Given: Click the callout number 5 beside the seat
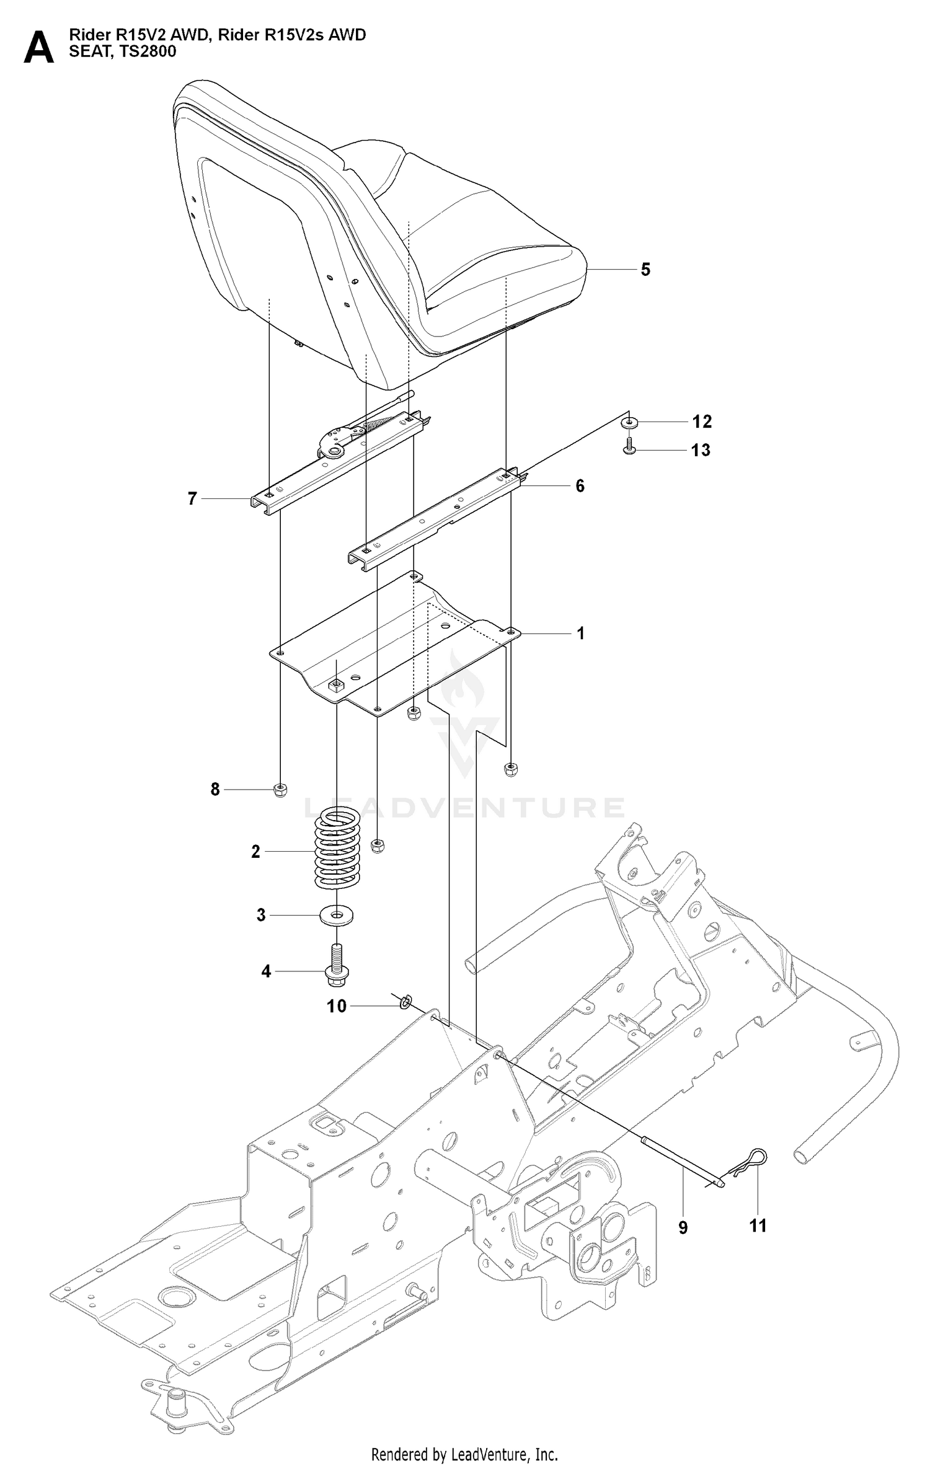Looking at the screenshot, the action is click(645, 270).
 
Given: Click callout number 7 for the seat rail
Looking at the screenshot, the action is click(192, 498).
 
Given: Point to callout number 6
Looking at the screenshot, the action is click(580, 486).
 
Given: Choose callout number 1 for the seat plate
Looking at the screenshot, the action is click(580, 634).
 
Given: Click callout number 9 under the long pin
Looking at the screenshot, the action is click(683, 1228).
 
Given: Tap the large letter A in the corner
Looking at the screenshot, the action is click(38, 48).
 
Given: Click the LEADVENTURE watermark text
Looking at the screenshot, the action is click(464, 808).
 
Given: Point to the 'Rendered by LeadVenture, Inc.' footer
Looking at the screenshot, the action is click(464, 1449).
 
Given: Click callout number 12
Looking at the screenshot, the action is click(702, 422).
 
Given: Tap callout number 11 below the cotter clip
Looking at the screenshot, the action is click(758, 1226).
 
